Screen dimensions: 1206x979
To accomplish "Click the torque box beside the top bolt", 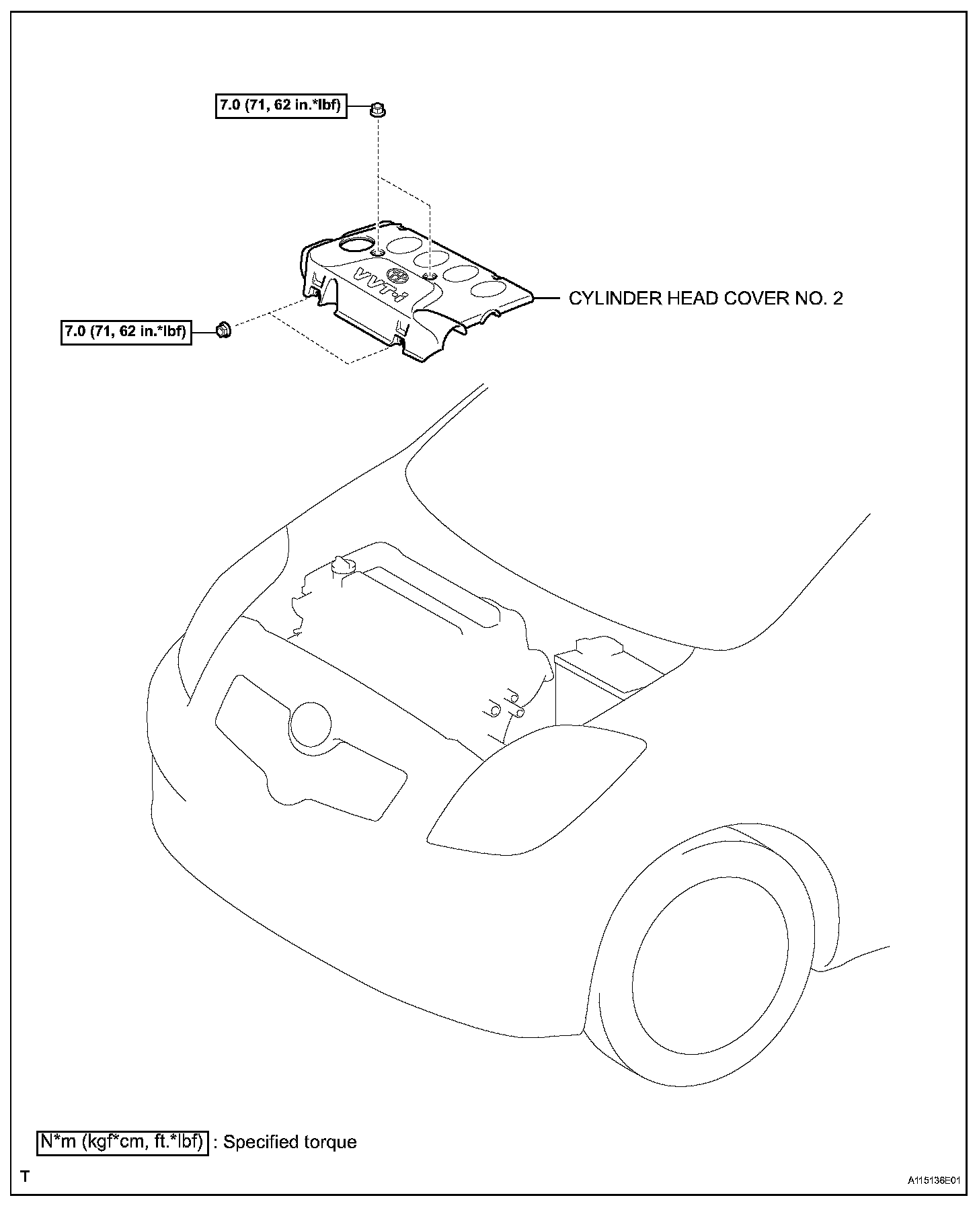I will click(x=281, y=106).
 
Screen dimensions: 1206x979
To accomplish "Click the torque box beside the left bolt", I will click(x=126, y=331).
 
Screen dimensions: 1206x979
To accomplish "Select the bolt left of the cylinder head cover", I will click(x=223, y=329).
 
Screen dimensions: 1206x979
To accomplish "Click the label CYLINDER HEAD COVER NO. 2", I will click(x=705, y=298).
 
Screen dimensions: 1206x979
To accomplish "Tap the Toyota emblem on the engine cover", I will click(x=398, y=276).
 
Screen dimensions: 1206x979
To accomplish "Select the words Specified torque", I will click(x=290, y=1141).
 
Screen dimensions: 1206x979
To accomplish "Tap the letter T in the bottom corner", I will click(x=25, y=1176).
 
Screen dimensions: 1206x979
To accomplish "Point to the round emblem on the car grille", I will click(x=310, y=724).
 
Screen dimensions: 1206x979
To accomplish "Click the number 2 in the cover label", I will click(x=837, y=298).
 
